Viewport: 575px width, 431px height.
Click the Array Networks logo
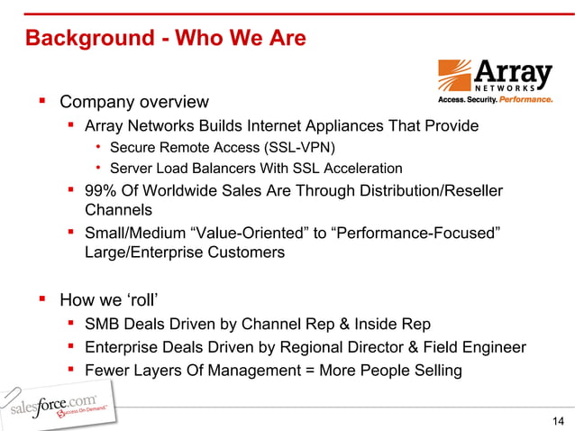coord(494,80)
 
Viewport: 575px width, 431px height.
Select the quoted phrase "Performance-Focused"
coord(424,234)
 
